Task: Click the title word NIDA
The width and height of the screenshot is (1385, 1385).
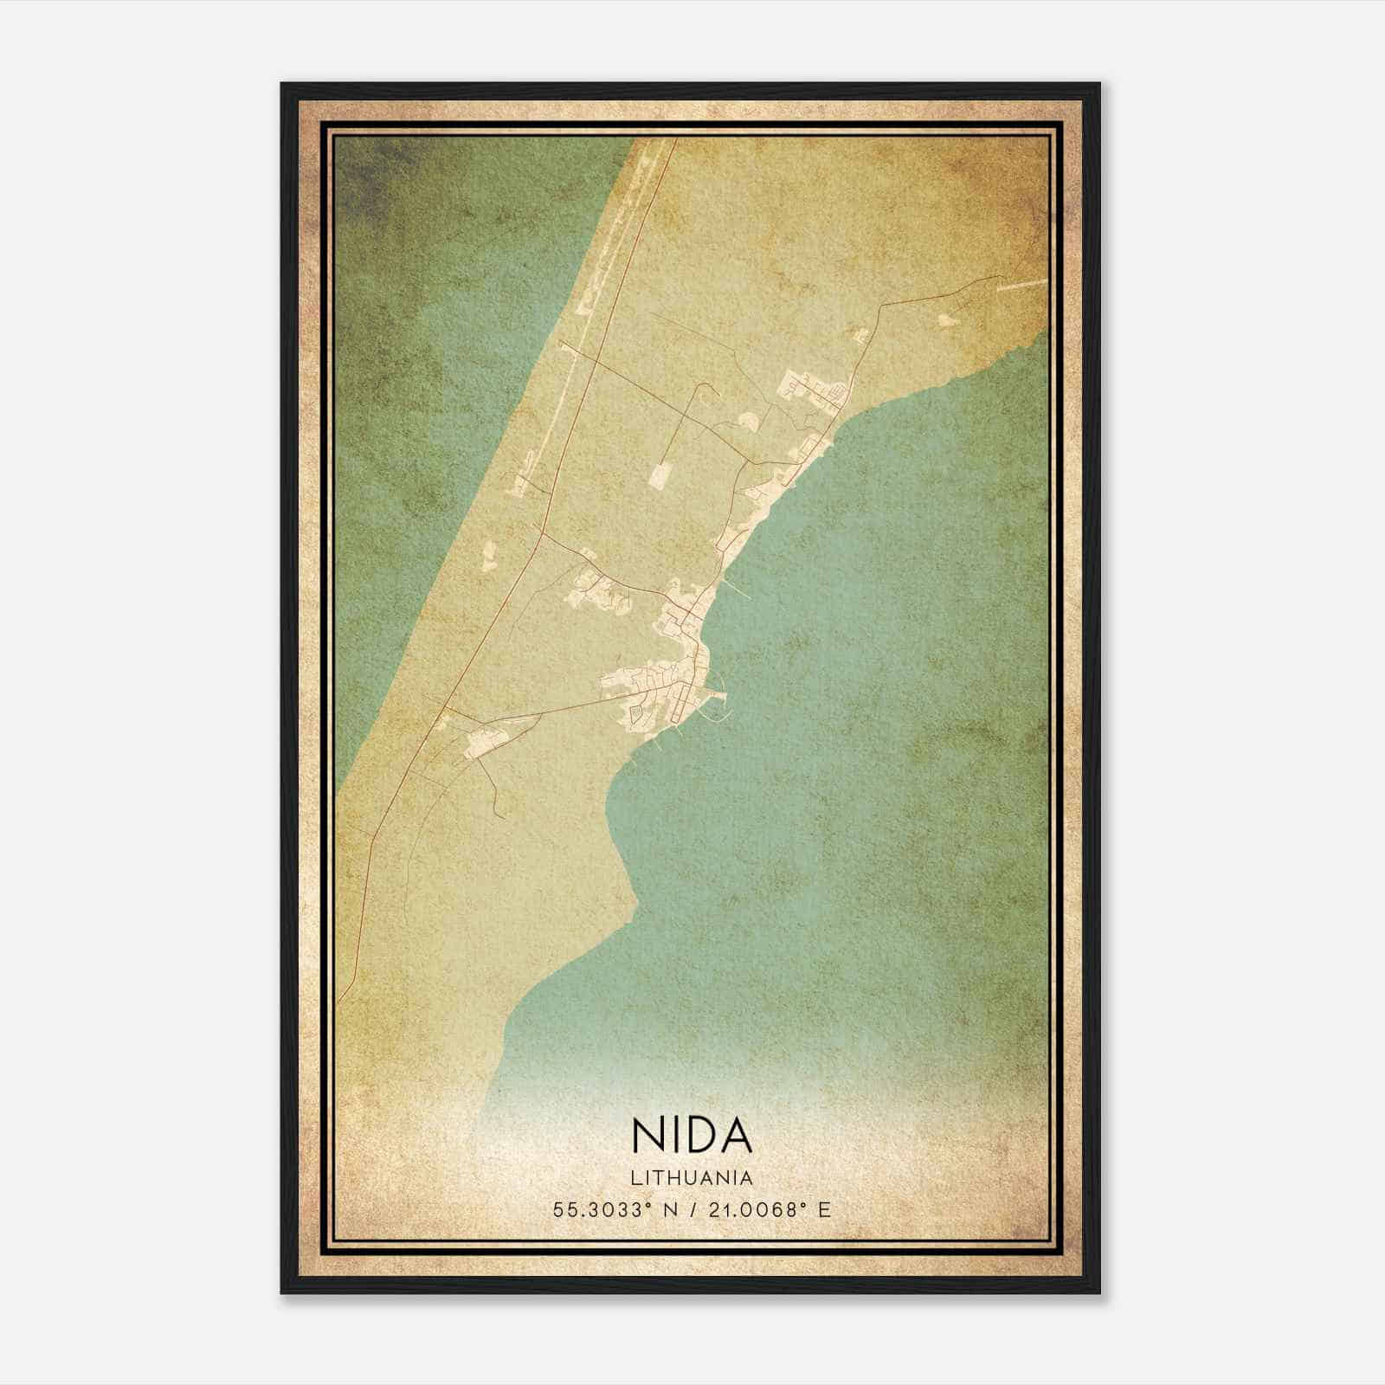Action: (692, 1136)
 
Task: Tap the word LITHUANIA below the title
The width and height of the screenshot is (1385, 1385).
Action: (692, 1177)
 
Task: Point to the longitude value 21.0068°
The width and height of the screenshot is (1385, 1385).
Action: (750, 1209)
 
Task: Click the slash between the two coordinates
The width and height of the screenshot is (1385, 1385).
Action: (692, 1209)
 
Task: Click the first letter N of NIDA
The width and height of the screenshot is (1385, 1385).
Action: (646, 1136)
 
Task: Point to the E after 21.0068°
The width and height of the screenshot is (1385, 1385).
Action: (824, 1209)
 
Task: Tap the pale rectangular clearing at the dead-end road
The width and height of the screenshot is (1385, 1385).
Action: (660, 475)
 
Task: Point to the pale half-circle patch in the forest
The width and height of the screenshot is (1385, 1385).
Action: (747, 422)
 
